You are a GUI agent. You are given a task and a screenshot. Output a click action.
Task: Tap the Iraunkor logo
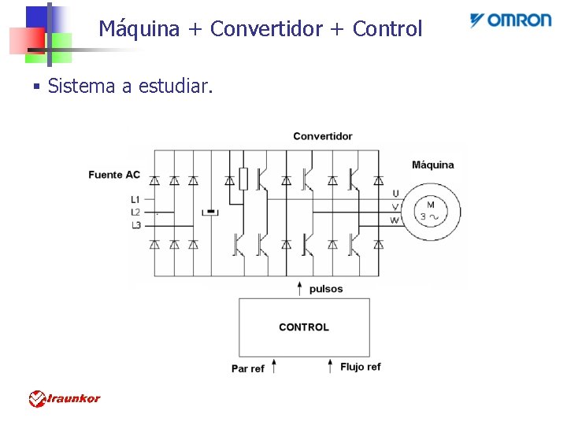(x=65, y=399)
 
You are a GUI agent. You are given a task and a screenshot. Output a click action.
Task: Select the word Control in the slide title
(x=387, y=29)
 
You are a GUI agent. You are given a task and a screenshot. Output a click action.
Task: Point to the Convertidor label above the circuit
(x=323, y=136)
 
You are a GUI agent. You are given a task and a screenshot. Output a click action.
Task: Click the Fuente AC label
(x=114, y=174)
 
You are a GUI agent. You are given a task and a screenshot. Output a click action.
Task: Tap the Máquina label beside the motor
(x=432, y=164)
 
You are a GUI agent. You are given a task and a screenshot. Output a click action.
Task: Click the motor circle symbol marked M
(x=430, y=211)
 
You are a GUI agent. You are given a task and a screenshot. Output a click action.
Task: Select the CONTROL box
(x=304, y=327)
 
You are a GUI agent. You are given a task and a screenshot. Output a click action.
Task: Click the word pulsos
(x=326, y=289)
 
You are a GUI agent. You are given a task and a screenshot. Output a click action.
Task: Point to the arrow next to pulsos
(x=299, y=288)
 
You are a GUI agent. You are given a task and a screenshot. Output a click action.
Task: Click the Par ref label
(x=248, y=368)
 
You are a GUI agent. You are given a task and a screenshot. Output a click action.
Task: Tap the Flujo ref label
(x=361, y=367)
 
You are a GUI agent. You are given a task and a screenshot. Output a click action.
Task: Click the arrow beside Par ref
(x=274, y=366)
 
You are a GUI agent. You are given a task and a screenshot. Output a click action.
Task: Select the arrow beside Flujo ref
(x=330, y=366)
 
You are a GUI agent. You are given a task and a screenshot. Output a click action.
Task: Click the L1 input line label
(x=135, y=199)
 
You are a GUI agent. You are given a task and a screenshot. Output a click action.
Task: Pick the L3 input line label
(x=135, y=225)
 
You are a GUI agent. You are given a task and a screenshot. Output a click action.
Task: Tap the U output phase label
(x=395, y=193)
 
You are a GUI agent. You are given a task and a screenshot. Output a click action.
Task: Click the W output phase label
(x=395, y=220)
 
